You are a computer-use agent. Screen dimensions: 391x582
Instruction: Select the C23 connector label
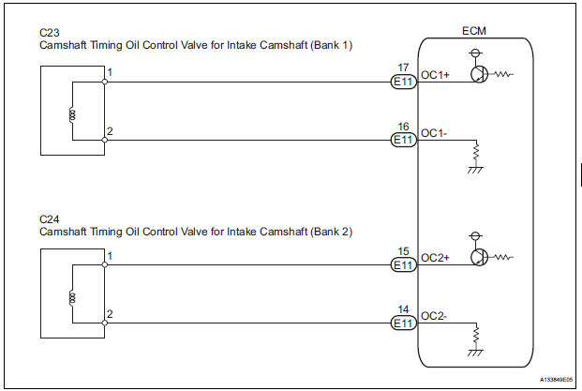[x=49, y=32]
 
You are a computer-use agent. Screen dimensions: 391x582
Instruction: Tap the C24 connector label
[x=49, y=218]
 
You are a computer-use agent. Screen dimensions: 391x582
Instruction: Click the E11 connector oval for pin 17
[x=403, y=82]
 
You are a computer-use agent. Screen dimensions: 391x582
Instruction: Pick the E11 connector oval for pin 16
[x=403, y=140]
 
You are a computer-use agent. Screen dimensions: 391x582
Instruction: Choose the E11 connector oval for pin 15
[x=403, y=265]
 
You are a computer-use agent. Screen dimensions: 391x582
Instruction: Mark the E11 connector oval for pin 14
[x=403, y=323]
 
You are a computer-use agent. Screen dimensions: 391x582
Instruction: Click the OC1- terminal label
[x=436, y=132]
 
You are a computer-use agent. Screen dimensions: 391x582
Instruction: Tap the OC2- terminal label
[x=436, y=314]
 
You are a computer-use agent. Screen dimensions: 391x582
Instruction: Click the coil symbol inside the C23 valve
[x=72, y=115]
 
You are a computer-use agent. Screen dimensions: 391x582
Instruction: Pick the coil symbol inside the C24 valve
[x=72, y=299]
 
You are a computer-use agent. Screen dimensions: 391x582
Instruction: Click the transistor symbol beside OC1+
[x=480, y=73]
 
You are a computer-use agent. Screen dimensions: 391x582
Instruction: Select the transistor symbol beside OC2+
[x=480, y=257]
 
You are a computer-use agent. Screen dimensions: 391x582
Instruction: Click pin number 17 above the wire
[x=403, y=67]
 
